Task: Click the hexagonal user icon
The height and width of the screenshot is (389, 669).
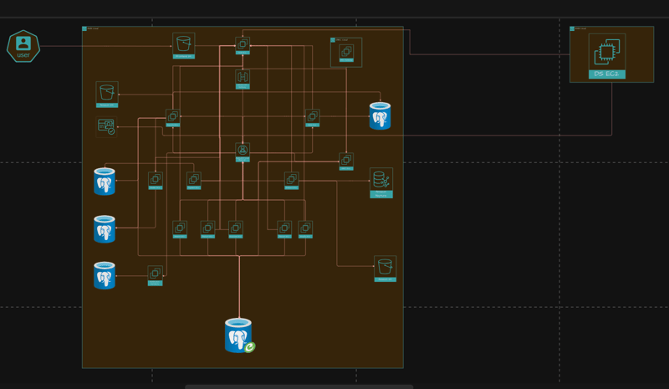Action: tap(23, 44)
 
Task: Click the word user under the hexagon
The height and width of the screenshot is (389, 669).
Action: tap(23, 55)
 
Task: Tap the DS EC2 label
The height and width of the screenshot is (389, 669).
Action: tap(606, 74)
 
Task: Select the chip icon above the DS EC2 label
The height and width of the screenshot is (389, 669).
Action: tap(606, 53)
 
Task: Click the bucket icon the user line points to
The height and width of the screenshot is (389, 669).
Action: tap(183, 44)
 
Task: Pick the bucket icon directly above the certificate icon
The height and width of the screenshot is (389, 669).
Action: tap(106, 92)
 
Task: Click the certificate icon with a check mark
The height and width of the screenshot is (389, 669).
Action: tap(106, 127)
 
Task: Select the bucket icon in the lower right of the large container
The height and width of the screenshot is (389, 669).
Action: tap(385, 267)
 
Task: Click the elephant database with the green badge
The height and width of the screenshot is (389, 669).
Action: tap(238, 335)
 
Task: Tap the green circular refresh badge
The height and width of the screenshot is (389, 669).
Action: tap(249, 346)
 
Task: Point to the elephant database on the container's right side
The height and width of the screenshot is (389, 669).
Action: tap(380, 116)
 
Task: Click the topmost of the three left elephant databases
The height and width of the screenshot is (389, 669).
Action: tap(105, 182)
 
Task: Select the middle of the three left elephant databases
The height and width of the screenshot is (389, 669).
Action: tap(105, 228)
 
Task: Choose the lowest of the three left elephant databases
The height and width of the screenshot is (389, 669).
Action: tap(105, 275)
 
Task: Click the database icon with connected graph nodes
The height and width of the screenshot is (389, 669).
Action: tap(380, 180)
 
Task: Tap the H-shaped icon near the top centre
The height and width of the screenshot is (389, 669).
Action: tap(243, 78)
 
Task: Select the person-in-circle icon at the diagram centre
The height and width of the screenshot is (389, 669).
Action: tap(243, 151)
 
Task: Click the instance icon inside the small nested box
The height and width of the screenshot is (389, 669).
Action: tap(346, 52)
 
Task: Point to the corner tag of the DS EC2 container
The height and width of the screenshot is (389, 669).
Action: tap(573, 28)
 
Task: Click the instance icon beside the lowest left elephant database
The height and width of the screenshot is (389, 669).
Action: tap(155, 273)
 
